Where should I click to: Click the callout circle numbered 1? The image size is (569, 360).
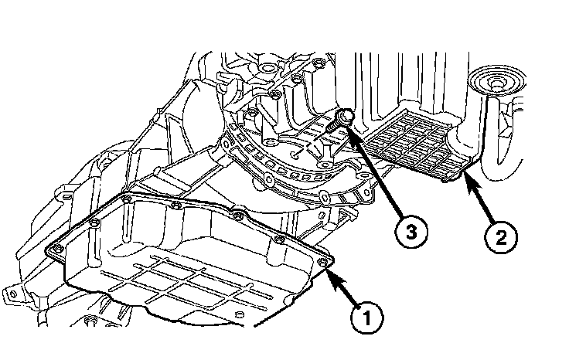(368, 315)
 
